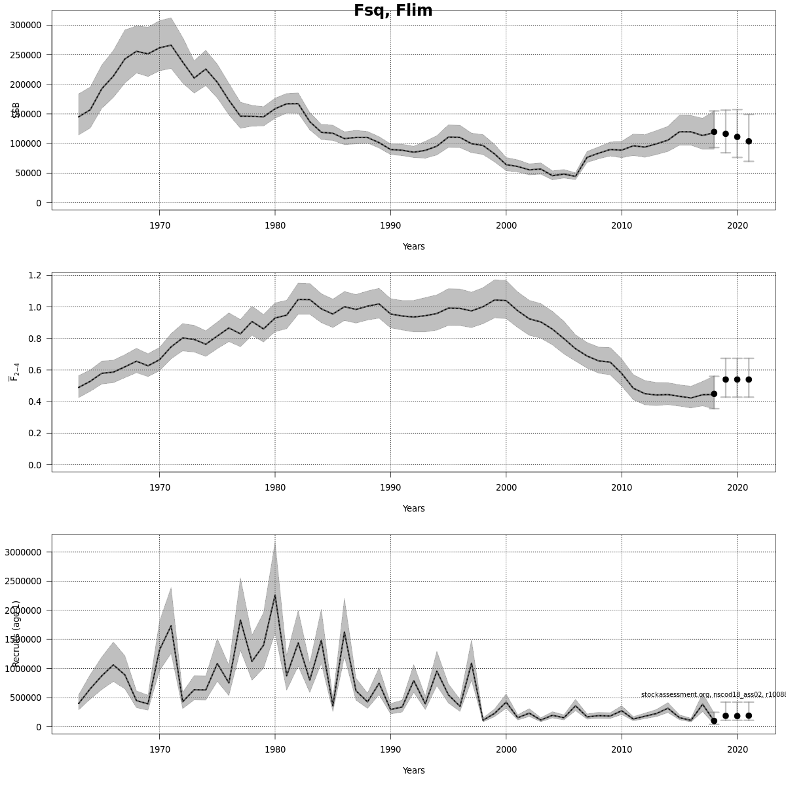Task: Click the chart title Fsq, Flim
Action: click(x=393, y=10)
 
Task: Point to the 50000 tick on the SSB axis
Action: click(x=29, y=174)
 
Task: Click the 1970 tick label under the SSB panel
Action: click(x=159, y=226)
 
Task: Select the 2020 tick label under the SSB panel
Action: click(x=737, y=226)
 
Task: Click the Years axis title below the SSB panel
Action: click(x=413, y=247)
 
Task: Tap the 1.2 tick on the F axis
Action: click(x=35, y=275)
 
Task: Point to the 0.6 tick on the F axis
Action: click(x=35, y=370)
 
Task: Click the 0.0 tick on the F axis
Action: click(x=35, y=465)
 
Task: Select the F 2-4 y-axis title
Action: click(x=14, y=370)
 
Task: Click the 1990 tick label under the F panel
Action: click(x=390, y=488)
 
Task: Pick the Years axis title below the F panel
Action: click(x=413, y=509)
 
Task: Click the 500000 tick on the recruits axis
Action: click(x=26, y=698)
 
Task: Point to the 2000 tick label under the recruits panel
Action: click(x=506, y=750)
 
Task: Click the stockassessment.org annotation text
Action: click(x=713, y=694)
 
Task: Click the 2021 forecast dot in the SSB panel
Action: click(x=749, y=141)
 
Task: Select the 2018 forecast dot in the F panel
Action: click(x=714, y=394)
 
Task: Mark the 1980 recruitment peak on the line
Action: click(x=275, y=595)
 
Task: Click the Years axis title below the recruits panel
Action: click(x=413, y=771)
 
